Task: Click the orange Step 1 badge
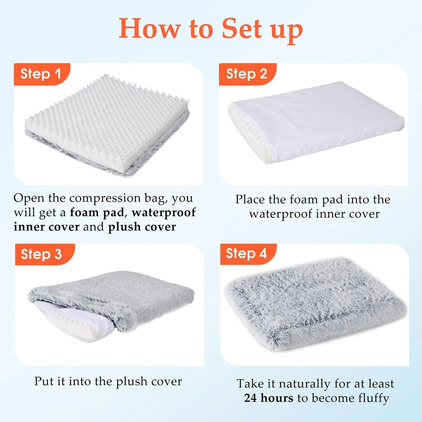(42, 74)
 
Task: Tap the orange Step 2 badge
(248, 74)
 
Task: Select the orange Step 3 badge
(45, 254)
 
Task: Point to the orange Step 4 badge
(248, 254)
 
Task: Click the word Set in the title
(241, 28)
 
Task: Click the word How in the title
(150, 28)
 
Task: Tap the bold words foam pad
(97, 213)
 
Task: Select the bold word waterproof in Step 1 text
(164, 213)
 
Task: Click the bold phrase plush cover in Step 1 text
(142, 227)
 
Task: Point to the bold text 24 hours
(269, 398)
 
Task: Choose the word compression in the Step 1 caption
(105, 199)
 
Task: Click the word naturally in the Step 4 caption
(304, 384)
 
